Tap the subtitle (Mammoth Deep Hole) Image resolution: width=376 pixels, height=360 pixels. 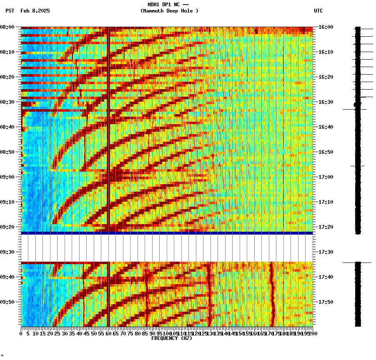pos(169,11)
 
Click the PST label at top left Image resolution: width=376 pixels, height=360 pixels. pos(10,11)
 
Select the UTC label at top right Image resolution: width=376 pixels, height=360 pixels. pos(318,11)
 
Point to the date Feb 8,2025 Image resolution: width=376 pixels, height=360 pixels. pos(35,11)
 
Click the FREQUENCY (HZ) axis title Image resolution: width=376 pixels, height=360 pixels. pos(172,338)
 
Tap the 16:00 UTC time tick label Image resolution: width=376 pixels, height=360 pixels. pos(326,27)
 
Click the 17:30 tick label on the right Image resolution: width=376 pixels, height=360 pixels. pos(326,252)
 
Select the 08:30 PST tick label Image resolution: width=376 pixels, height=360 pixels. pos(8,102)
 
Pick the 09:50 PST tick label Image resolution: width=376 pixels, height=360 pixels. pos(8,302)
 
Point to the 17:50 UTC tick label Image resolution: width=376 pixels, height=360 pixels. pos(326,302)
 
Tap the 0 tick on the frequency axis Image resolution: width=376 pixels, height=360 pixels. pos(21,334)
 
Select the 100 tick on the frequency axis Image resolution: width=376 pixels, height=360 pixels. pos(167,334)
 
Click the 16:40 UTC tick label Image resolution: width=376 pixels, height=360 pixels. pos(326,127)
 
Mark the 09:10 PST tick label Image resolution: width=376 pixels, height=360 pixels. pos(8,202)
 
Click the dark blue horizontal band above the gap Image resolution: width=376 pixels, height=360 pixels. pos(167,233)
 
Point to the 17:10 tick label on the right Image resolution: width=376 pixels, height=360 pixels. pos(326,202)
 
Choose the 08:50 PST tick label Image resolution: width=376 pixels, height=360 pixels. pos(8,152)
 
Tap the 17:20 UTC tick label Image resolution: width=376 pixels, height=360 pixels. pos(326,227)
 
